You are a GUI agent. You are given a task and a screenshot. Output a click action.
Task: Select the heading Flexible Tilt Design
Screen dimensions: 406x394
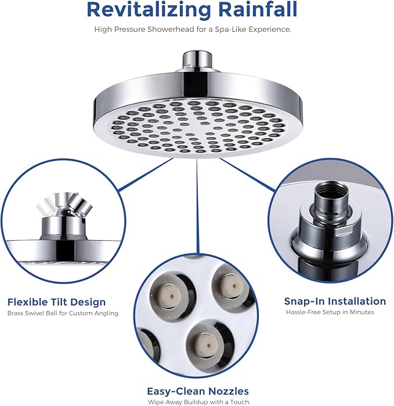pos(56,302)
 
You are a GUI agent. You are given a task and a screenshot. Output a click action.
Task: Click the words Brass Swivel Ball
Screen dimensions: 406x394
pos(32,313)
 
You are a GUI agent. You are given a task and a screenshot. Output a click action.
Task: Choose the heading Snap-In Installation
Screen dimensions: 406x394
pos(335,301)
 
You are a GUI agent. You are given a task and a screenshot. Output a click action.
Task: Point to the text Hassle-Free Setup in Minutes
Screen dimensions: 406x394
pos(330,312)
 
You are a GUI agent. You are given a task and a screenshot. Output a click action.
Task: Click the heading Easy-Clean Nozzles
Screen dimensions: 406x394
pos(197,391)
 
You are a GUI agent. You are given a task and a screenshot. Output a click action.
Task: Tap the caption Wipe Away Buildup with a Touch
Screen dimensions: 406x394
pos(197,402)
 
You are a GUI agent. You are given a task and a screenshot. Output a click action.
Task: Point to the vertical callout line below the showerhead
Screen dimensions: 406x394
pos(197,203)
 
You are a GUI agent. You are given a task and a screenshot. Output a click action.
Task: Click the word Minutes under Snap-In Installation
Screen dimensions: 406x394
pos(361,312)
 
